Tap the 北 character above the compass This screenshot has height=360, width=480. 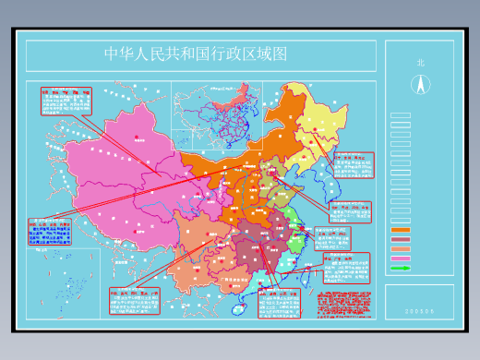(420, 63)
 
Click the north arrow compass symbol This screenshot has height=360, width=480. (420, 84)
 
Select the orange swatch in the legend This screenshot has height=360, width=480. (401, 230)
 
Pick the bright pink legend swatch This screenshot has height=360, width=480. (401, 258)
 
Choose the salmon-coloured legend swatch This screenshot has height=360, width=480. (401, 249)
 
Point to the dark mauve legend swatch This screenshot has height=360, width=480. (401, 239)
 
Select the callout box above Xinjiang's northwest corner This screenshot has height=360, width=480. (66, 101)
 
